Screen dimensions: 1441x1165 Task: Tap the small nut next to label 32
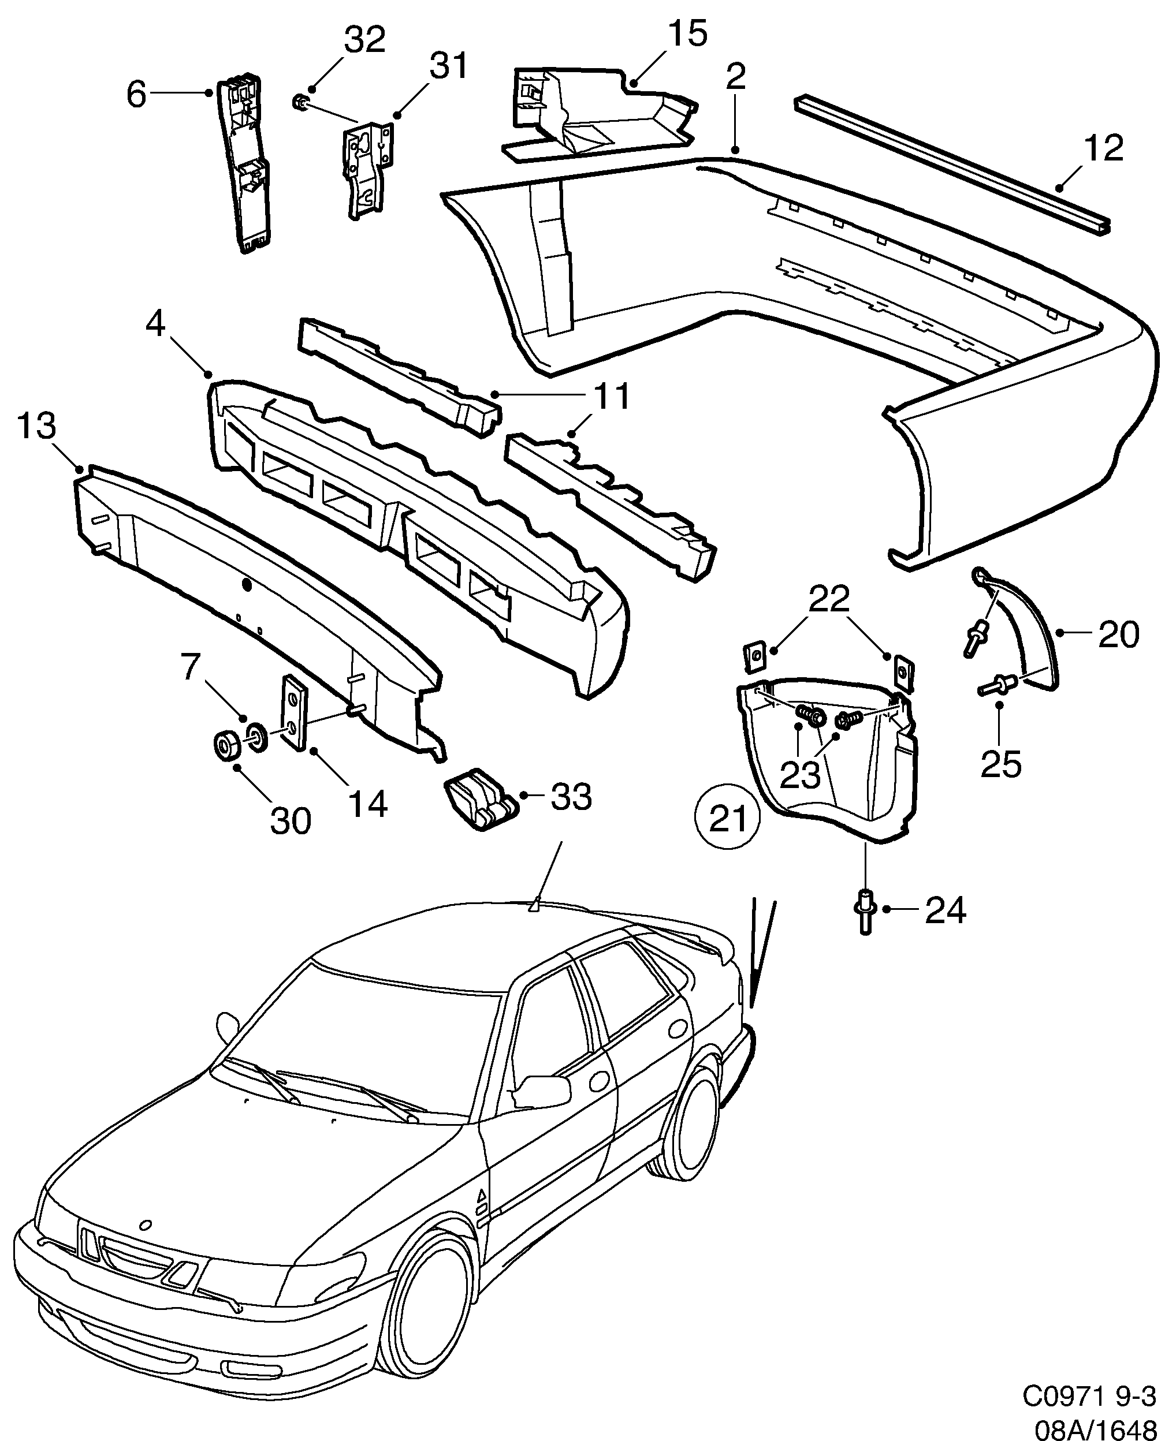pyautogui.click(x=302, y=103)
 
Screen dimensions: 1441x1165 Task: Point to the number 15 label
pyautogui.click(x=687, y=34)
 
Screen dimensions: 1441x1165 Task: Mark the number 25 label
pyautogui.click(x=1000, y=763)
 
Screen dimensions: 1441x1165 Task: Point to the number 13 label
pyautogui.click(x=36, y=426)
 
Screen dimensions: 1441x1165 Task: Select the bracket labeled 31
pyautogui.click(x=366, y=168)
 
